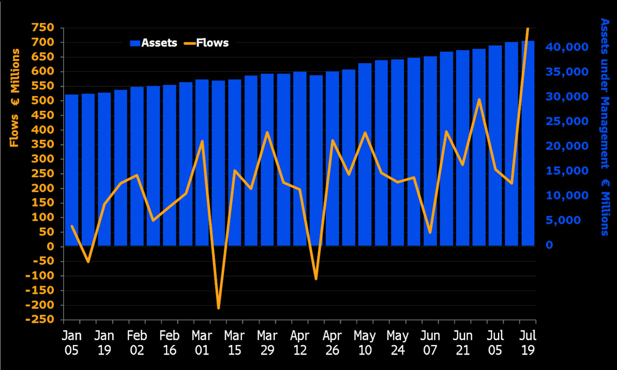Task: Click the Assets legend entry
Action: coord(154,43)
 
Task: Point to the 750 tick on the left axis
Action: coord(44,28)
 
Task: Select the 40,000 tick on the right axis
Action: coord(567,47)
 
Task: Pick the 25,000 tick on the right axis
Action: coord(567,121)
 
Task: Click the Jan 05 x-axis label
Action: coord(72,342)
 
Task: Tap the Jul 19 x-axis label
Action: coord(528,342)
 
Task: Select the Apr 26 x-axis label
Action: coord(332,342)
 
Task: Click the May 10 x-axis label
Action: coord(365,342)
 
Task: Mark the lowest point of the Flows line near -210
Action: coord(218,308)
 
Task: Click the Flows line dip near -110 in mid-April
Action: coord(316,278)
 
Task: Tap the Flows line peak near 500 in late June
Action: coord(479,100)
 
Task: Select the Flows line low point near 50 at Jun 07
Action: coord(430,232)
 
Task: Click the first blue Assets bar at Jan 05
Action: coord(72,170)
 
